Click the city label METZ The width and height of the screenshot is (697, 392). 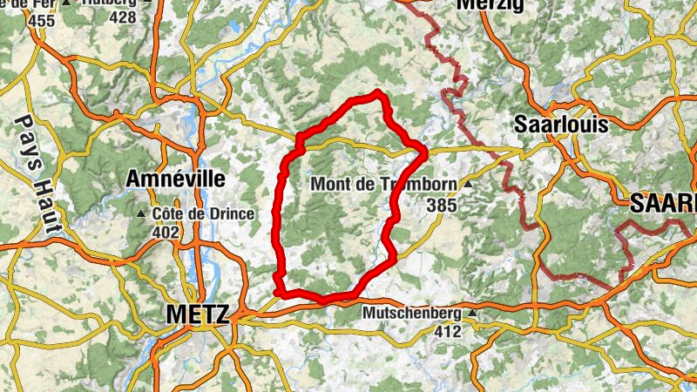tap(197, 314)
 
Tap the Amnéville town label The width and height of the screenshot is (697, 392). tap(175, 179)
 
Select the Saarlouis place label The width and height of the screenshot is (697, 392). tap(560, 124)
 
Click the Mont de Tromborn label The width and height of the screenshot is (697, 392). tap(384, 185)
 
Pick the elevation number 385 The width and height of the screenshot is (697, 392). tap(442, 205)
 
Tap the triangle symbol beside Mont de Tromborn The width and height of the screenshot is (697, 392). tap(469, 185)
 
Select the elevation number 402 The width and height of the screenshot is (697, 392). tap(165, 233)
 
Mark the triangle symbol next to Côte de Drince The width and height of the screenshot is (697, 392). tap(142, 214)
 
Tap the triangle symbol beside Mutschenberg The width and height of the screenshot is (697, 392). tap(472, 312)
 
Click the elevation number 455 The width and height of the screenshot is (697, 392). tap(41, 19)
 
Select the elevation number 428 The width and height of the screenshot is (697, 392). tap(123, 17)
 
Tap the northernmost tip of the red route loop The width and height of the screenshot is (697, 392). tap(376, 91)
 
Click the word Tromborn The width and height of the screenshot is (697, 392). tap(426, 185)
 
